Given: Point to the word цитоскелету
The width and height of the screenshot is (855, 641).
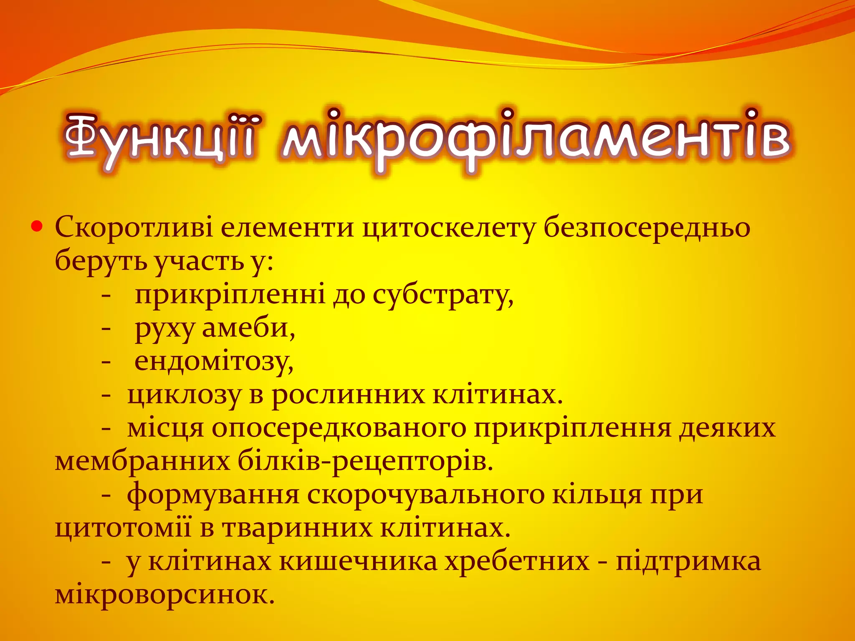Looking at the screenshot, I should click(x=448, y=228).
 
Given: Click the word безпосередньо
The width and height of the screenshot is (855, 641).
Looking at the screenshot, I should click(x=647, y=228).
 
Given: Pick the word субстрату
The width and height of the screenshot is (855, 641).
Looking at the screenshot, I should click(x=443, y=295).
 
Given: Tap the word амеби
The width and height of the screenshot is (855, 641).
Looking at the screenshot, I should click(x=248, y=328).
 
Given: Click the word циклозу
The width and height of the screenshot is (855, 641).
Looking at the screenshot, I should click(x=184, y=395).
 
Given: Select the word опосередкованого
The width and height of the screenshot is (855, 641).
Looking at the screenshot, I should click(x=339, y=429).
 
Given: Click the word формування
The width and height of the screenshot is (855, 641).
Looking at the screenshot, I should click(x=213, y=495).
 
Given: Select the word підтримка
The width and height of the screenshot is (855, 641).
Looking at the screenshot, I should click(x=688, y=562).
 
